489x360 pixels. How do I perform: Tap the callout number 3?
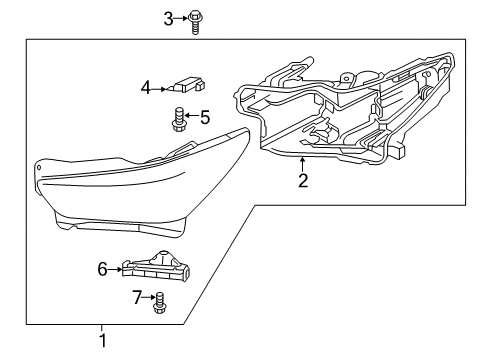coord(169,17)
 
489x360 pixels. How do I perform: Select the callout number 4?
coord(146,88)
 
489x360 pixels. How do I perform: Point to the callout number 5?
coord(205,118)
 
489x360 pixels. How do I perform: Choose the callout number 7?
coord(138,297)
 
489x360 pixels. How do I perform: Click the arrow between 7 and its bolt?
coord(149,297)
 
